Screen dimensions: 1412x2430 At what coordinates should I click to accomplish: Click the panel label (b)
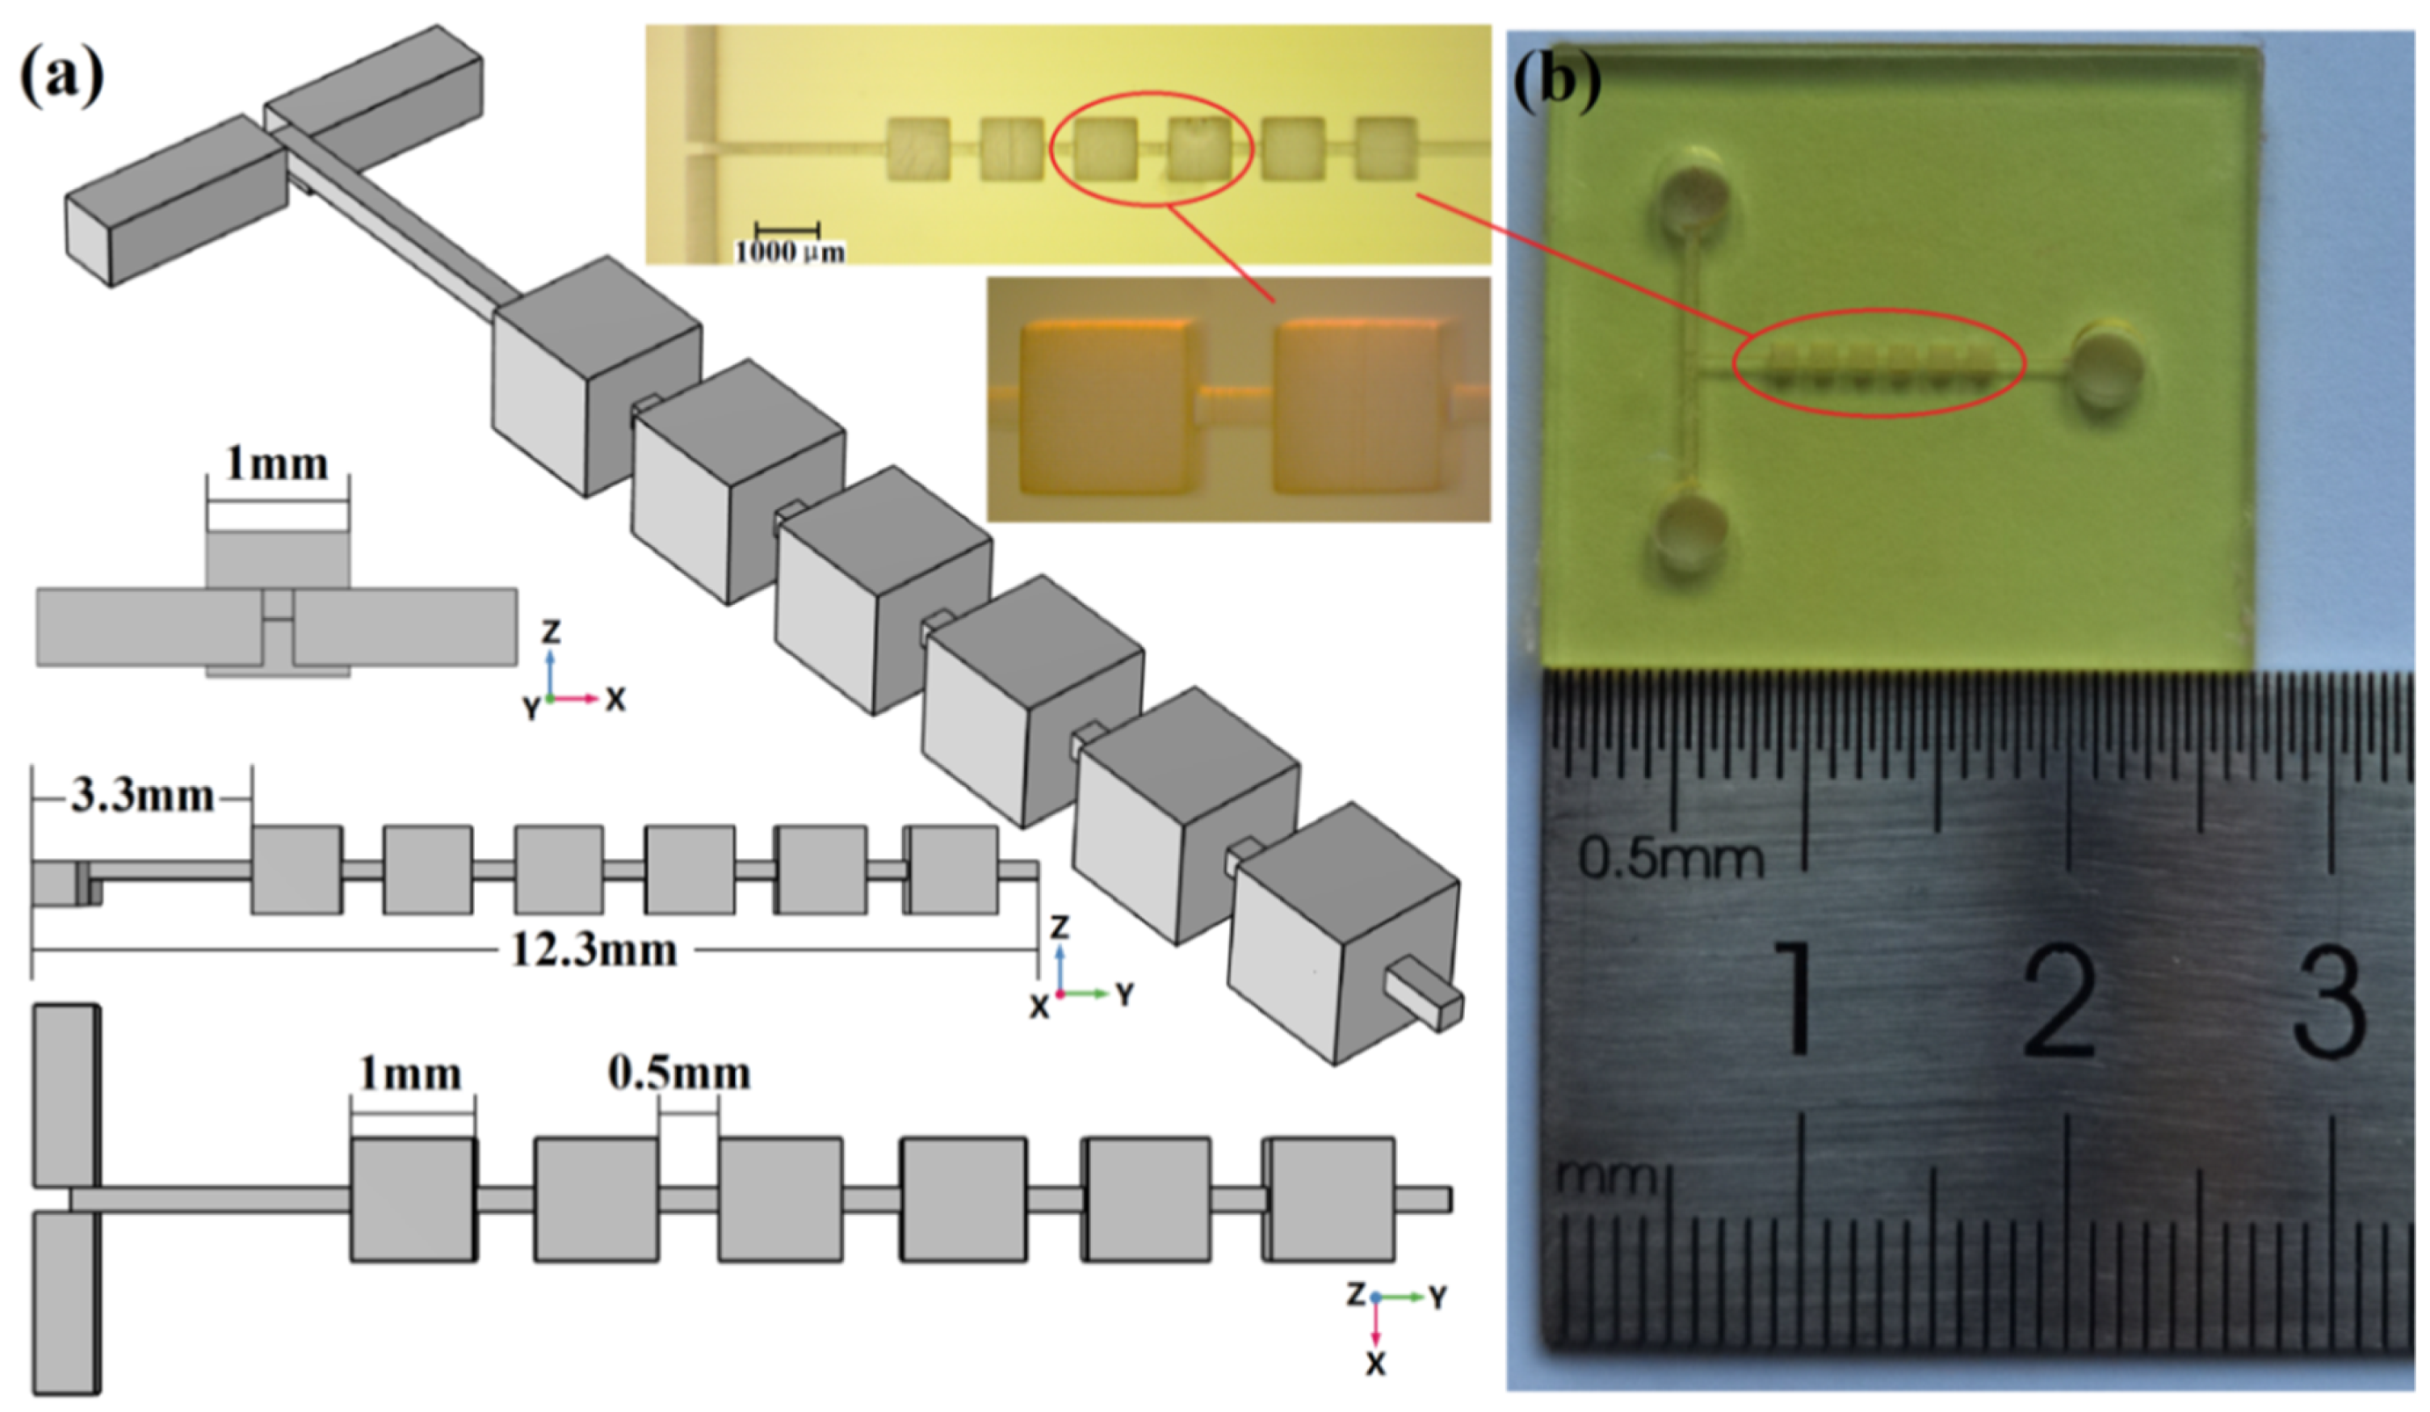click(1556, 81)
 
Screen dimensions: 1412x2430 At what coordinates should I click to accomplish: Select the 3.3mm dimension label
click(142, 796)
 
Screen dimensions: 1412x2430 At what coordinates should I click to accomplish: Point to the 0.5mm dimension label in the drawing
click(679, 1074)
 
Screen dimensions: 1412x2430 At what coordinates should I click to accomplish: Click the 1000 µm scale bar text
click(790, 253)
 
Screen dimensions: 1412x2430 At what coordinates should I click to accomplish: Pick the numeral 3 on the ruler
click(2330, 1003)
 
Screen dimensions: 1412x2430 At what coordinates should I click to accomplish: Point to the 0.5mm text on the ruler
click(1670, 857)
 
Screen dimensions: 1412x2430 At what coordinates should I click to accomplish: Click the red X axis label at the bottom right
click(1376, 1364)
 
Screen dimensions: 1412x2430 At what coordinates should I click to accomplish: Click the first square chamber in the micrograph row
click(917, 149)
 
